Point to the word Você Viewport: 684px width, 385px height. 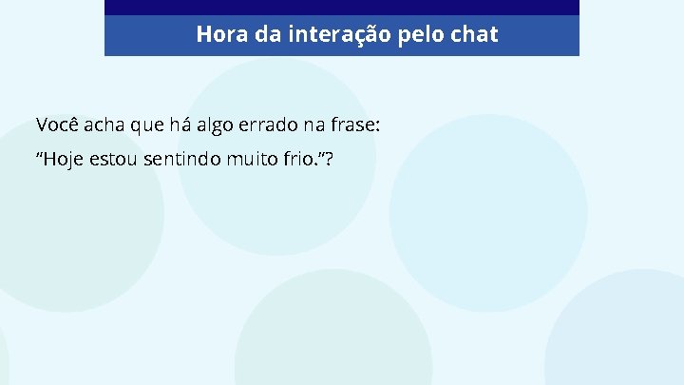coord(58,125)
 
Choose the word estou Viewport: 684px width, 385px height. coord(115,159)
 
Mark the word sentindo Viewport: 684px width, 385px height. coord(184,159)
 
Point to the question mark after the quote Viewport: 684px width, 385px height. coord(328,159)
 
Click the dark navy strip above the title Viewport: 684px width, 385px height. coord(342,7)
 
